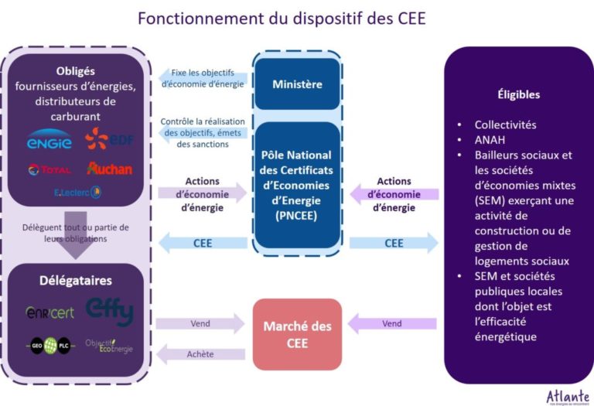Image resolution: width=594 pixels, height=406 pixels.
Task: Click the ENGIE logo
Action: point(49,141)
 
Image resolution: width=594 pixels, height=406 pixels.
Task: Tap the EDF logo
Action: point(108,139)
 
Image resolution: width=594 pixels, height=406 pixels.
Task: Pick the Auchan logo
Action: point(109,169)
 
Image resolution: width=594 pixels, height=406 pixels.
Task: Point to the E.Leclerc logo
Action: point(77,192)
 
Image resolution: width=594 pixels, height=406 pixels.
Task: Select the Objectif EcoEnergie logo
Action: point(108,346)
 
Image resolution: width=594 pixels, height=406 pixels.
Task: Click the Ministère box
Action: point(297,84)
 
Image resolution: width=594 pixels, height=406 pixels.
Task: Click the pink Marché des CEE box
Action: point(297,333)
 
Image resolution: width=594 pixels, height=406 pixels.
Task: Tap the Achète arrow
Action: point(201,354)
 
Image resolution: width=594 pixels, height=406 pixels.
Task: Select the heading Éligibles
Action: point(518,94)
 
